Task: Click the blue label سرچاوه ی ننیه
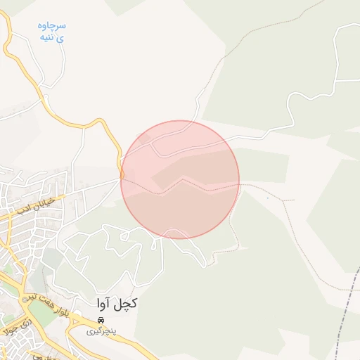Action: (x=53, y=32)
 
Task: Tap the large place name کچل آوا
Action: (x=117, y=304)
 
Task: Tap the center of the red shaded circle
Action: (x=180, y=180)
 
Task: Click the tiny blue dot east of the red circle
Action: (x=267, y=198)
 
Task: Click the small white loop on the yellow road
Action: (x=122, y=173)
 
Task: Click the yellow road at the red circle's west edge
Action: (x=122, y=169)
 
